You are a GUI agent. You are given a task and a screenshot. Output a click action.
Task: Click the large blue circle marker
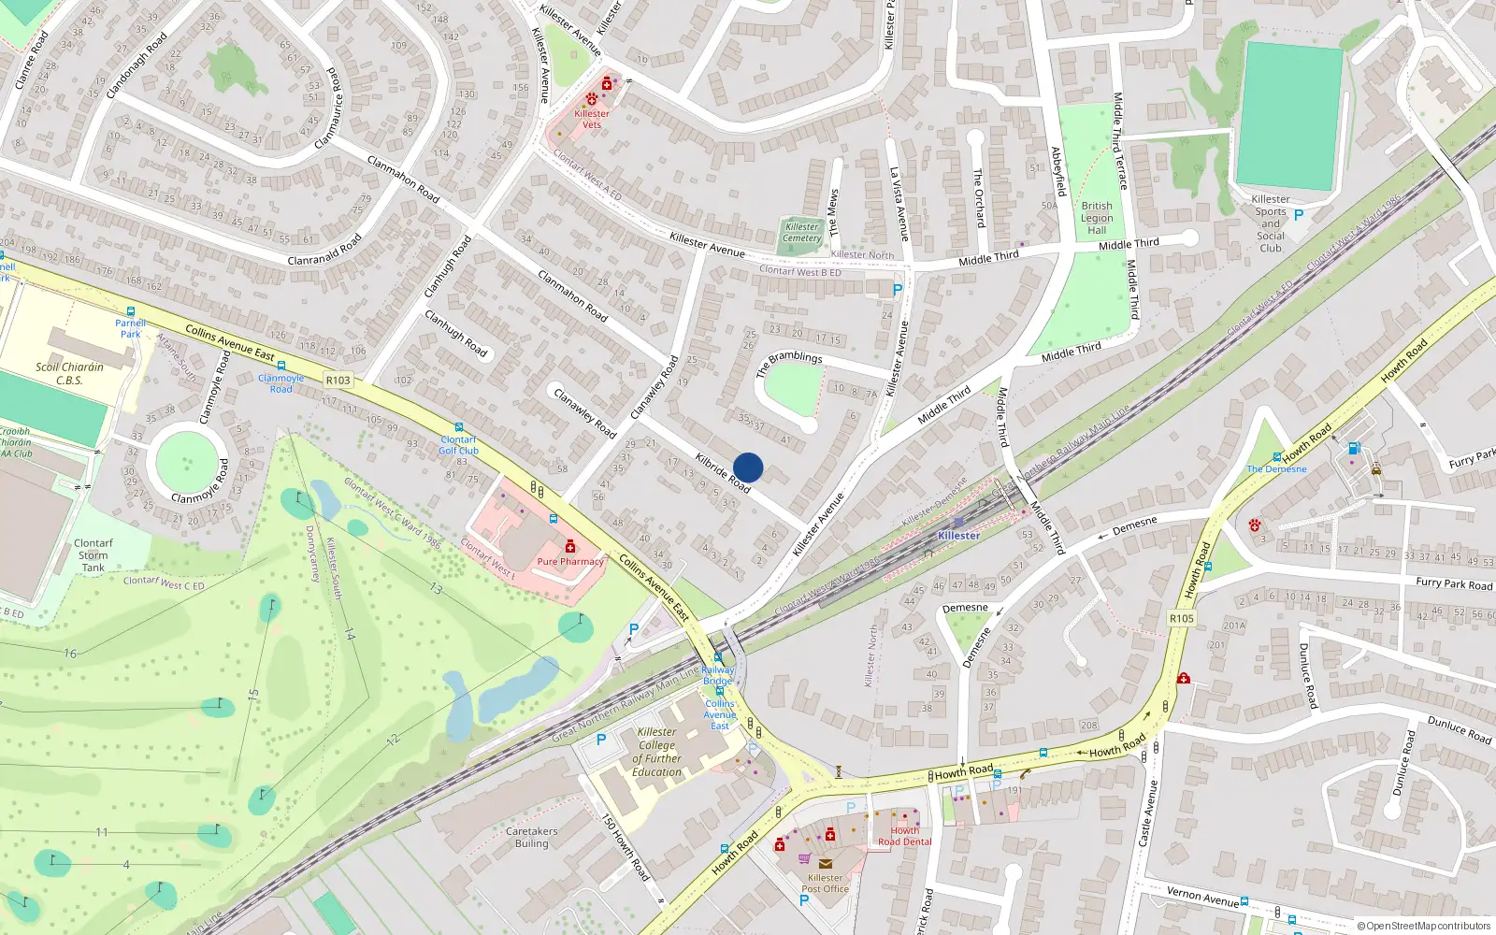748,467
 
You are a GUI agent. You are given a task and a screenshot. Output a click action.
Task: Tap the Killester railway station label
958,536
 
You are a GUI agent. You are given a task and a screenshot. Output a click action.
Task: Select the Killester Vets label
591,119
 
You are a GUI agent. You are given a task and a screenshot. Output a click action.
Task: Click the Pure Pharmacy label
570,562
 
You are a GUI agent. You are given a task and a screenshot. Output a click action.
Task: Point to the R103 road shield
338,381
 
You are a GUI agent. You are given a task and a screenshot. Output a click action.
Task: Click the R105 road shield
1182,618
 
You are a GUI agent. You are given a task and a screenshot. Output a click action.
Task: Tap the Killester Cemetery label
801,232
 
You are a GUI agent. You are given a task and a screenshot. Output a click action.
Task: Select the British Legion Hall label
1097,218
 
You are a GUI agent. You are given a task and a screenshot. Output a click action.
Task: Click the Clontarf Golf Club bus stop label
458,445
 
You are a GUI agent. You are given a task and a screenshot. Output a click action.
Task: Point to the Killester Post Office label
825,883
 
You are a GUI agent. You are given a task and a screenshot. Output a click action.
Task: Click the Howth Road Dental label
904,836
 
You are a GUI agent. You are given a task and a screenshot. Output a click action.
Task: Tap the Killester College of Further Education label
656,752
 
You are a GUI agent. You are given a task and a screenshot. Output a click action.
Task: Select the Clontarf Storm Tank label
93,554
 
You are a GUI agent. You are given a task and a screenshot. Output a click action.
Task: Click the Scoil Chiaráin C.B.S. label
69,373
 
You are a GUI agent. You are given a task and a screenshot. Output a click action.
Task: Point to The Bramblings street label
788,362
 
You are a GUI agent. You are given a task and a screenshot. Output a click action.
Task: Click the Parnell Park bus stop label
130,328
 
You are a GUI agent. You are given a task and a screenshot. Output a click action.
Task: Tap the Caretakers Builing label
531,837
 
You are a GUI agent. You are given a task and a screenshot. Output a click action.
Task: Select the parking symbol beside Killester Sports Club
1298,215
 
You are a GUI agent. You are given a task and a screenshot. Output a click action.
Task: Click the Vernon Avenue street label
1202,897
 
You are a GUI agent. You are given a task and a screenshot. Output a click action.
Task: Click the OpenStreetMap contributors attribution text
1423,926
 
